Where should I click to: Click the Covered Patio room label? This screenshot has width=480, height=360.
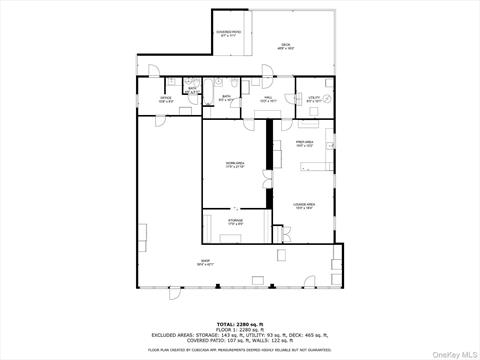229,33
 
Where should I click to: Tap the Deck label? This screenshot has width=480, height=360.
286,46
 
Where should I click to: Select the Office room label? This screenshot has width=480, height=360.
166,99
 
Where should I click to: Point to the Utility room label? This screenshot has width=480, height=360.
314,98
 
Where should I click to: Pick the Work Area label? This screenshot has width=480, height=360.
235,164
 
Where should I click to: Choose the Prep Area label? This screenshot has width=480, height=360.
304,144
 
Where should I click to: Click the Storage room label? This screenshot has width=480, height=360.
235,223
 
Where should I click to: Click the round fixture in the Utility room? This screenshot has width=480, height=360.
327,98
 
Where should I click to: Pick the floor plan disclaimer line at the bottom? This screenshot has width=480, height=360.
240,349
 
